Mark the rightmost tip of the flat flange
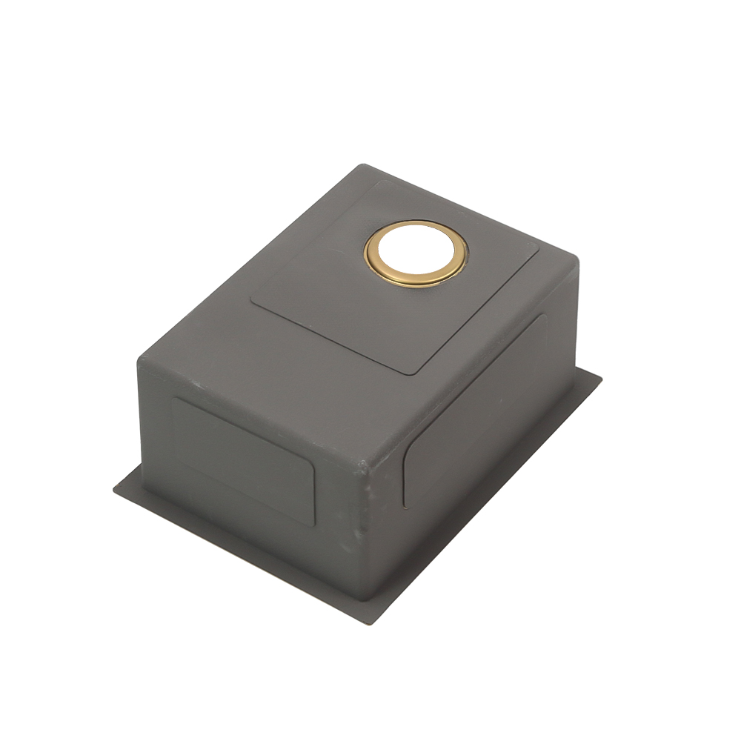pyautogui.click(x=600, y=376)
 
